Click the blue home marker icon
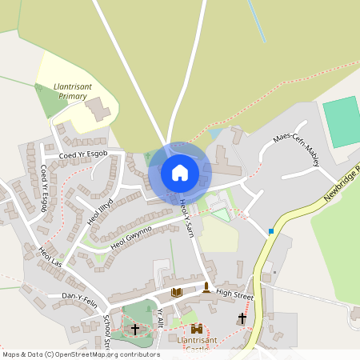180,172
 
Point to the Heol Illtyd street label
100,209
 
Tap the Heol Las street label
50,258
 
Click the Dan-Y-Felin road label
79,297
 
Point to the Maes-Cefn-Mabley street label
296,151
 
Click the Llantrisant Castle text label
197,344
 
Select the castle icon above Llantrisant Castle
197,330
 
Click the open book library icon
177,292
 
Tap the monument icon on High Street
206,287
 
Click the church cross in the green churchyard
135,330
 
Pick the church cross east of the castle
242,318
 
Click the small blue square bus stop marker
271,231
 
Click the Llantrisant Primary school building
99,110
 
